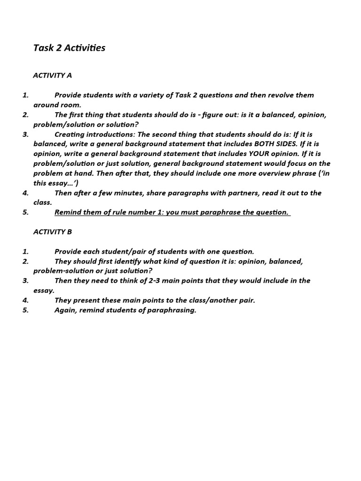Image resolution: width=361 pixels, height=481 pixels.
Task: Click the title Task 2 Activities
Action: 69,48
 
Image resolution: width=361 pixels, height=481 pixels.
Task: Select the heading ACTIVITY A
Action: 52,75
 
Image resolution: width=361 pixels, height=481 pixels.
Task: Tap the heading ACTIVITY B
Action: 52,232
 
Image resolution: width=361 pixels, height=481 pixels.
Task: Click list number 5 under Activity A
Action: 25,212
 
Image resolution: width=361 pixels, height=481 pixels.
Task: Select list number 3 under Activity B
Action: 25,280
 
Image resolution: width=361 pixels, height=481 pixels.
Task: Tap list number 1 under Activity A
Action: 25,95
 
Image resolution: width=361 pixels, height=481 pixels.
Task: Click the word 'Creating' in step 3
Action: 70,134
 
